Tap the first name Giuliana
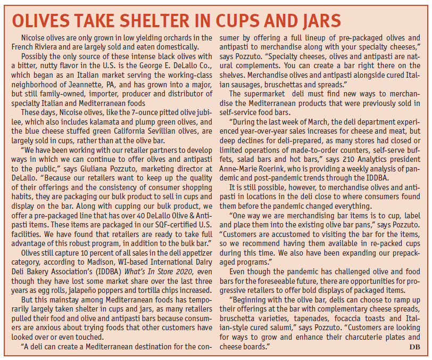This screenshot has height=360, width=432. (94, 169)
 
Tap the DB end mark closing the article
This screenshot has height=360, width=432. (414, 346)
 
